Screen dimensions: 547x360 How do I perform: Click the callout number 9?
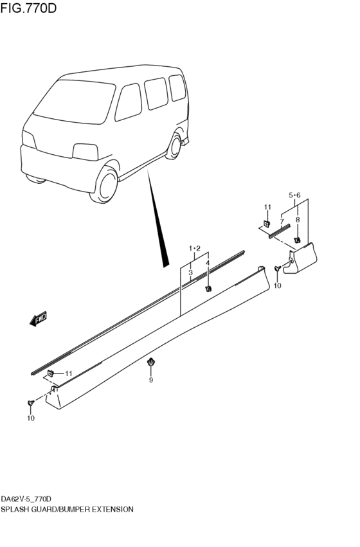[x=151, y=381]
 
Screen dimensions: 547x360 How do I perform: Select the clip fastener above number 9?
[x=151, y=362]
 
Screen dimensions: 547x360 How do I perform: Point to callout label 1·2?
[x=195, y=249]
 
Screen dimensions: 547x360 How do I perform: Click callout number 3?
[x=191, y=273]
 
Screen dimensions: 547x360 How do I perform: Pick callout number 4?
[x=208, y=263]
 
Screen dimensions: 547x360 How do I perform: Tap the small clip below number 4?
[x=208, y=288]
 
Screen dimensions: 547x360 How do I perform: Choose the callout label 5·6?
[x=295, y=195]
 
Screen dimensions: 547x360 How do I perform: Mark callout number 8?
[x=297, y=220]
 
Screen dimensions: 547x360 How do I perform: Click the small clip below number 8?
[x=297, y=240]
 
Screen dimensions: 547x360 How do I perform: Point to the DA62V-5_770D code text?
[x=26, y=499]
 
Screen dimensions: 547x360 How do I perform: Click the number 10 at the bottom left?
[x=30, y=418]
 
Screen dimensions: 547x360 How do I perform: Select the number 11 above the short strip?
[x=267, y=206]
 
